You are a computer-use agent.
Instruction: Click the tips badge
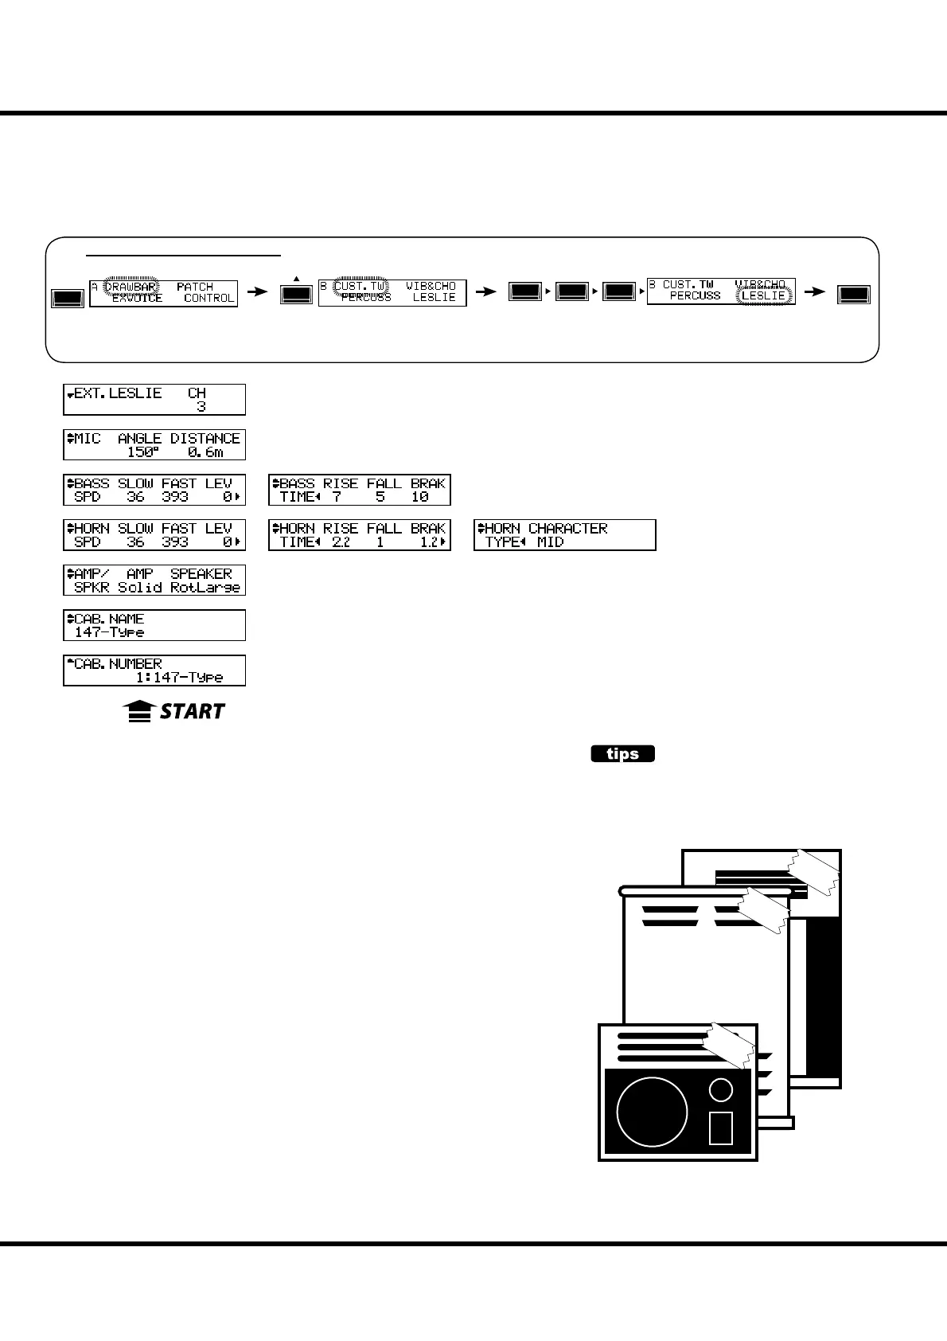[x=622, y=753]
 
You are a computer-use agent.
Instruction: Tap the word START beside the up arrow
[x=192, y=711]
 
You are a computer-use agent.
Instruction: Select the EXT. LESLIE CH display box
[x=154, y=400]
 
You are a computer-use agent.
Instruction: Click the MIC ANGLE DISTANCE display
[x=154, y=444]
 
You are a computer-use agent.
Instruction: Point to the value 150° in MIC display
[x=143, y=452]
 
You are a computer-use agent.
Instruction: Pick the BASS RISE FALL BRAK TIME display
[x=360, y=490]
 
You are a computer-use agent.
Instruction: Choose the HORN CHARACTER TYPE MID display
[x=565, y=535]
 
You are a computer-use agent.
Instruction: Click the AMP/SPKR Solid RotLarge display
[x=154, y=580]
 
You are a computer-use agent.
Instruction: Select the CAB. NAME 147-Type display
[x=154, y=625]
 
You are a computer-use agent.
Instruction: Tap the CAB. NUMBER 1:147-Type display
[x=154, y=670]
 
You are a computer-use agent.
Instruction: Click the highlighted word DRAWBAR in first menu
[x=131, y=287]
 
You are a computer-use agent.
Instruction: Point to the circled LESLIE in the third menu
[x=763, y=295]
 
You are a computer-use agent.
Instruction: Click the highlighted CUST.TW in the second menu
[x=360, y=286]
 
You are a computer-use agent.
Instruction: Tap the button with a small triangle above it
[x=296, y=294]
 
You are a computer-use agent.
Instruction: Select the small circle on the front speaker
[x=721, y=1089]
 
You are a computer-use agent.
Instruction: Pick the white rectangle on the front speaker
[x=721, y=1128]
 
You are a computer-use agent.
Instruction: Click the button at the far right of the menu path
[x=855, y=294]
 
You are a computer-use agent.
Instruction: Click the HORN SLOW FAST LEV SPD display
[x=154, y=535]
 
